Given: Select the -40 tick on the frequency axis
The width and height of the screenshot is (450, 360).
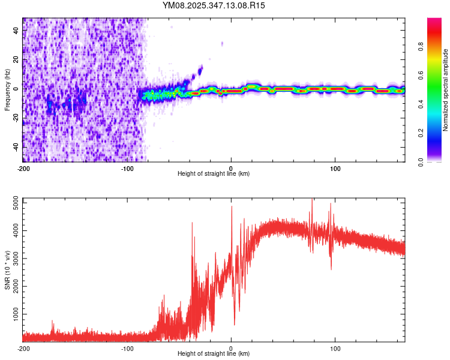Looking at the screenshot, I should coord(16,146).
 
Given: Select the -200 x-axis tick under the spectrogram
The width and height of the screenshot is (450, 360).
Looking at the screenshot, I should coord(23,167).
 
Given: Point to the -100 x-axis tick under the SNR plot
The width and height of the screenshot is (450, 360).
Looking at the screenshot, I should coord(127,347).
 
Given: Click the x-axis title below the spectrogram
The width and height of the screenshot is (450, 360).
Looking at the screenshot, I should coord(214,174).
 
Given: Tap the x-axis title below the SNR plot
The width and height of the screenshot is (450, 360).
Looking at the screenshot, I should coord(214,354).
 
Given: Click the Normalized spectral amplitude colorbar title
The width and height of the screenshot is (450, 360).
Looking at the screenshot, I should coord(446,90).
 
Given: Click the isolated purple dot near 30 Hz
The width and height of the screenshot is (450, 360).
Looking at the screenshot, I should coord(222,44).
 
